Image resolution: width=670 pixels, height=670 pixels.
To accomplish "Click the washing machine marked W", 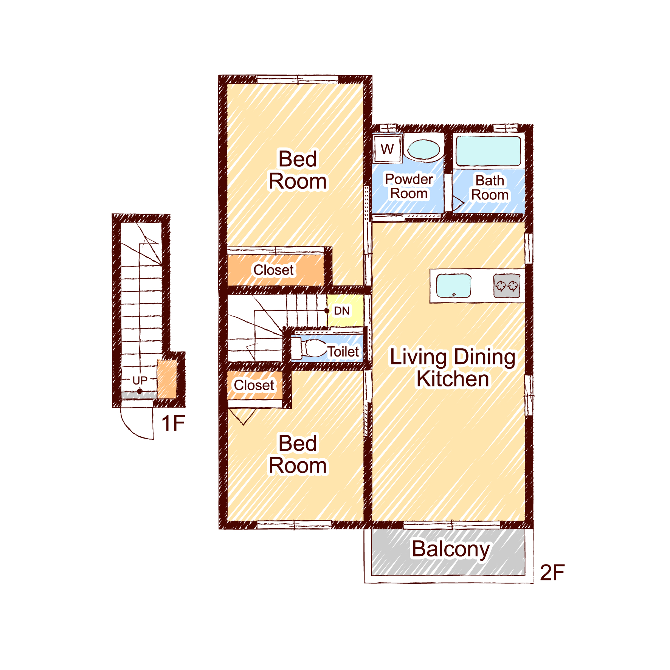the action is tap(388, 148).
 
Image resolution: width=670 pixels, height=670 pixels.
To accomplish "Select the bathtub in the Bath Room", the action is tap(489, 151).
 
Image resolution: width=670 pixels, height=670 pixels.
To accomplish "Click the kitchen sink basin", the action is tap(454, 285).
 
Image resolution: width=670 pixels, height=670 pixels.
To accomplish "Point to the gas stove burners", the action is tap(507, 285).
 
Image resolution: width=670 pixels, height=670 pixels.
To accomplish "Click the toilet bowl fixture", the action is tap(309, 348).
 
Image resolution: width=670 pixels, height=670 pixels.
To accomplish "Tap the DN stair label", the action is tap(342, 311).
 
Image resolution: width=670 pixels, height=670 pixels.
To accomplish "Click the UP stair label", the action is tap(140, 380).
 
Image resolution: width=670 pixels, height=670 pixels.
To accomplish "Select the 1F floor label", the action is tap(173, 423).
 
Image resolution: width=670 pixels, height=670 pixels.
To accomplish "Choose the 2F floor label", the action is tap(552, 572).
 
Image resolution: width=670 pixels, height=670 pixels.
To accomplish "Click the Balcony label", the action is tap(451, 549).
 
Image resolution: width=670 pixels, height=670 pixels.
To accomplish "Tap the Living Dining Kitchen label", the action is tap(453, 368).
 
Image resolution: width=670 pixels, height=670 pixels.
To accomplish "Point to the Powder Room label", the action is tap(409, 186).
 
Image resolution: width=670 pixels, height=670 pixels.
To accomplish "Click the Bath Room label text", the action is tap(490, 188).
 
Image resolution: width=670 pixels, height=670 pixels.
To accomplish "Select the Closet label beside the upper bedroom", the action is tap(273, 270).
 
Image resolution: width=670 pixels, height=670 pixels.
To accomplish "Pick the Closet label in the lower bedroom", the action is tap(254, 385).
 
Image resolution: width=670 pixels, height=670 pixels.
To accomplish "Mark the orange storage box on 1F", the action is tap(167, 379).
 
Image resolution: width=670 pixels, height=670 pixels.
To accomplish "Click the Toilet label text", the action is tap(343, 352).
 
